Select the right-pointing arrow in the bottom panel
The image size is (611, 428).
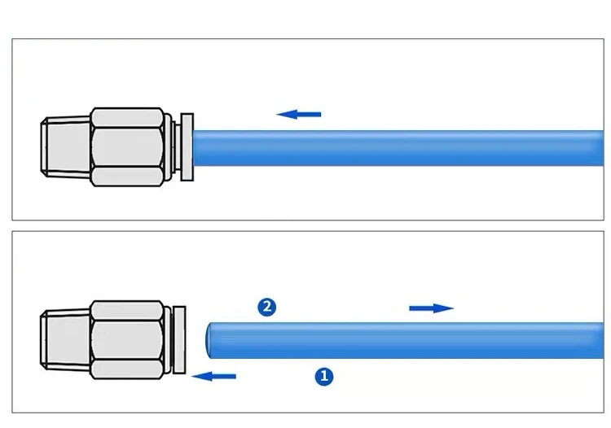pyautogui.click(x=431, y=308)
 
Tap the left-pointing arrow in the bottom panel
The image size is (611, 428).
pyautogui.click(x=213, y=376)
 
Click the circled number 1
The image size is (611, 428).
pyautogui.click(x=323, y=376)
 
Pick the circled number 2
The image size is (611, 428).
pyautogui.click(x=266, y=307)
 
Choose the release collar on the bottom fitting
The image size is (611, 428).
pyautogui.click(x=181, y=340)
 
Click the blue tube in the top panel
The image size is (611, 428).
pyautogui.click(x=391, y=147)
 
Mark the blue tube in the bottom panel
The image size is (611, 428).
pyautogui.click(x=407, y=340)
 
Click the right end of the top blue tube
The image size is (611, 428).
pyautogui.click(x=599, y=147)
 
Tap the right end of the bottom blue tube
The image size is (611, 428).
pyautogui.click(x=599, y=340)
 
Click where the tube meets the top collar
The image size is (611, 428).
pyautogui.click(x=195, y=147)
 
